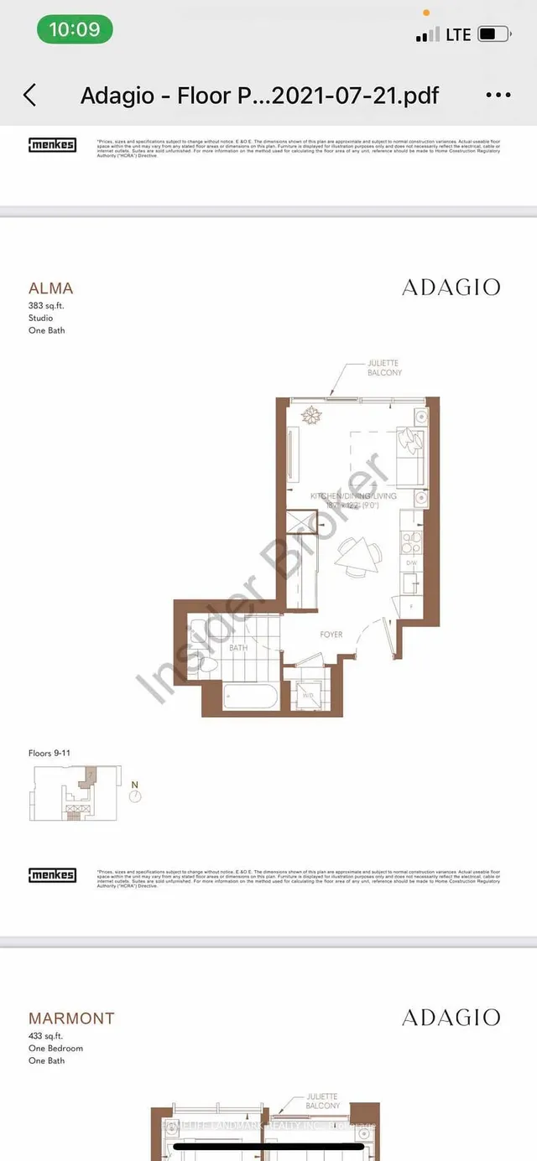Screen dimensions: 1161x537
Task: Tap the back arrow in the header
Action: click(x=30, y=95)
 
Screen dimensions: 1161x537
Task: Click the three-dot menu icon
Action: click(x=498, y=96)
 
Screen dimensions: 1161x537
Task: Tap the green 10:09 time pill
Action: click(x=75, y=30)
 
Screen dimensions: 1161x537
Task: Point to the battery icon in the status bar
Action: click(x=494, y=34)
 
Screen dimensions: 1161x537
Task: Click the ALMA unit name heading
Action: click(x=50, y=288)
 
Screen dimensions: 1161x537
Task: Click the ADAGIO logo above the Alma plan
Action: click(x=451, y=287)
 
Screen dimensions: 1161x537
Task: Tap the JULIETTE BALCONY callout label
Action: click(x=385, y=368)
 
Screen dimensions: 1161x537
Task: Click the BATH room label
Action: click(x=238, y=648)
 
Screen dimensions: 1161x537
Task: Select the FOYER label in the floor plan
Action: click(x=331, y=635)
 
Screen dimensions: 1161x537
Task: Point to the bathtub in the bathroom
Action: click(x=251, y=697)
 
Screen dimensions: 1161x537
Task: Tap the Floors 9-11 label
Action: click(x=50, y=754)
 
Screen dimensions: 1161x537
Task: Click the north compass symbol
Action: click(x=134, y=790)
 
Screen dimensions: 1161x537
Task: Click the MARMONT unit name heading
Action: click(x=71, y=1018)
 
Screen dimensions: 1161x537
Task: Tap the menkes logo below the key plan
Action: click(x=52, y=875)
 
